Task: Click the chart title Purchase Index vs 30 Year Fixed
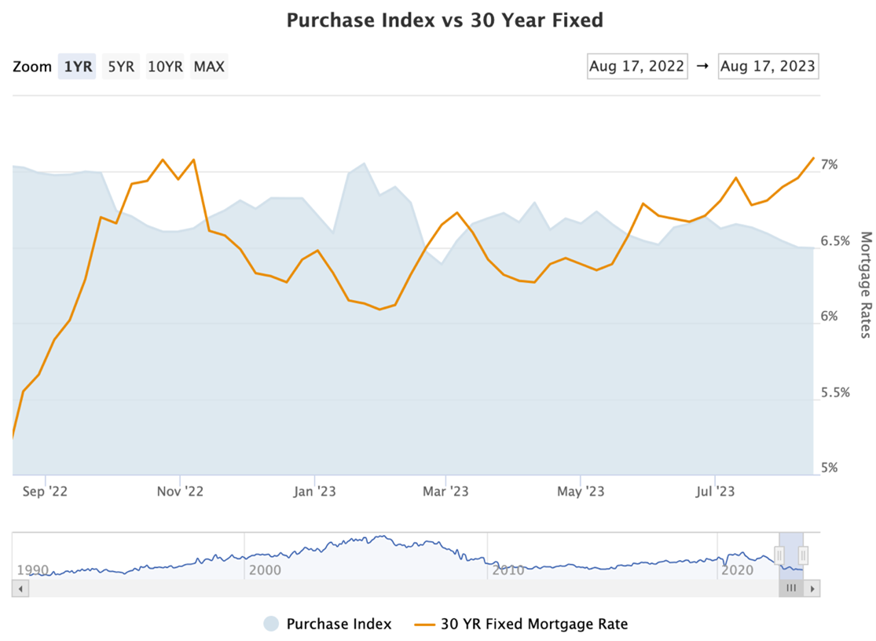[x=445, y=20]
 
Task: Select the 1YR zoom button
[x=78, y=67]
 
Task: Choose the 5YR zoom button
[x=121, y=67]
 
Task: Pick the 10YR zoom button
[x=165, y=67]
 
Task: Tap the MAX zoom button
[x=209, y=67]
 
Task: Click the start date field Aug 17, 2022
[x=637, y=66]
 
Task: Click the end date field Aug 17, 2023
[x=768, y=66]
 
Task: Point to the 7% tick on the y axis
[x=830, y=165]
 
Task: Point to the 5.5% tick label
[x=834, y=392]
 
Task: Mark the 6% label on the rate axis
[x=830, y=317]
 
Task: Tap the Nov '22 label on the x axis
[x=180, y=492]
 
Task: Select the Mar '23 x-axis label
[x=445, y=492]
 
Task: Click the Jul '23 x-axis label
[x=715, y=492]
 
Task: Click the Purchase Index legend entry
[x=339, y=625]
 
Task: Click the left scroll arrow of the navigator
[x=20, y=588]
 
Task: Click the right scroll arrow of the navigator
[x=812, y=588]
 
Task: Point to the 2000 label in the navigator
[x=265, y=570]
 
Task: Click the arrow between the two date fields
[x=702, y=66]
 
